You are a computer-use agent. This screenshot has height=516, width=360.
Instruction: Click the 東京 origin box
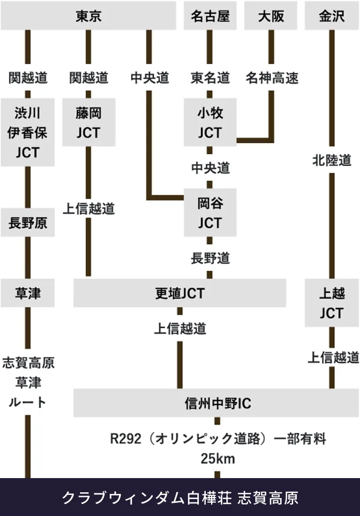coord(88,16)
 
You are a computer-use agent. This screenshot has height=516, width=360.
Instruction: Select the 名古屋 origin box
coord(210,16)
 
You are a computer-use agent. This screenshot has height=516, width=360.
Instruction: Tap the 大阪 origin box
coord(271,16)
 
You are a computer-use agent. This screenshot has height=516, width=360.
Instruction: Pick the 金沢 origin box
coord(332,16)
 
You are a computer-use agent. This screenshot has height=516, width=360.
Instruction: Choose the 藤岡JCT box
coord(88,122)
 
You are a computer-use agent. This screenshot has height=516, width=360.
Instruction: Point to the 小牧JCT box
coord(210,122)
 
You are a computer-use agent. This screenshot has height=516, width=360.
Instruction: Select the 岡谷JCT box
coord(210,213)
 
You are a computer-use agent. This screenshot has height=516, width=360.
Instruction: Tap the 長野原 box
coord(28,223)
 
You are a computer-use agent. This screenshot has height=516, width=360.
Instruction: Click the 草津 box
coord(28,293)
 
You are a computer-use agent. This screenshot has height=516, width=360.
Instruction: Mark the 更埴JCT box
coord(179,293)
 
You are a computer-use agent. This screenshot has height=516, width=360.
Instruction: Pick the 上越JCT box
coord(332,303)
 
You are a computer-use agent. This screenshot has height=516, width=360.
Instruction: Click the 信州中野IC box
coord(217,403)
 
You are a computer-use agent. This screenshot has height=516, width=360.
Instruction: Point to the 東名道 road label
coord(210,78)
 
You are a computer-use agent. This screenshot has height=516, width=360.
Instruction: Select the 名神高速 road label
coord(272,78)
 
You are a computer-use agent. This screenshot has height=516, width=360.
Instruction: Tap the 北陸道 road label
coord(332,160)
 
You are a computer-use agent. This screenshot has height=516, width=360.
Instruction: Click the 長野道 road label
coord(210,258)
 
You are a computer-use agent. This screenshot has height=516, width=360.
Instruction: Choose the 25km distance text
coord(217,459)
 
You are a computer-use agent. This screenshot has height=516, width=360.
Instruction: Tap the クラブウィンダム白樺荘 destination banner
coord(180,497)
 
